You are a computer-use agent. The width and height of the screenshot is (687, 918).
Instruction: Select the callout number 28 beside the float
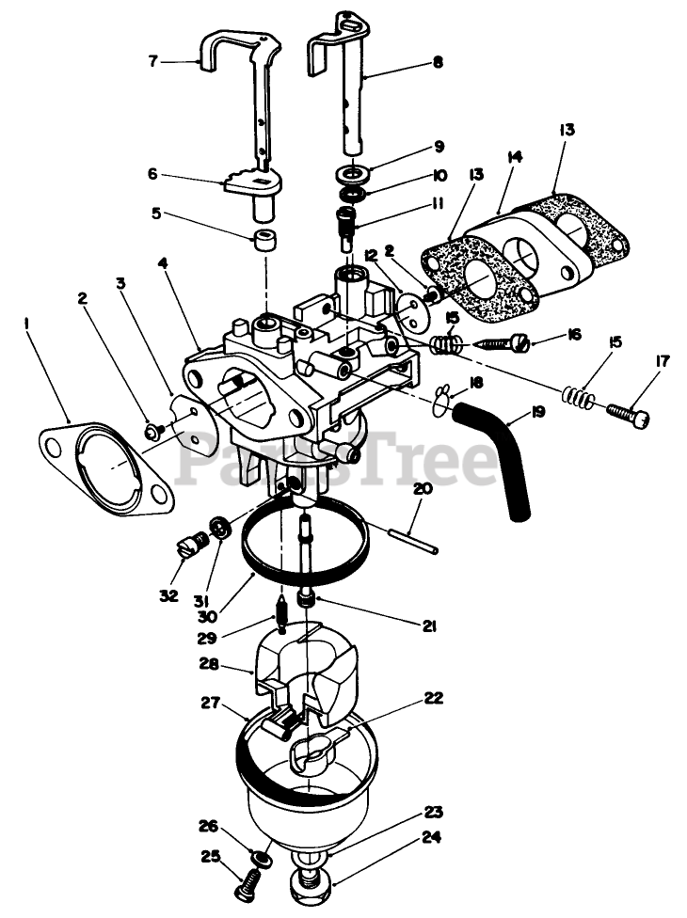point(209,664)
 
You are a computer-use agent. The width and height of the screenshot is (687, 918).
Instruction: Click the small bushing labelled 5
point(265,236)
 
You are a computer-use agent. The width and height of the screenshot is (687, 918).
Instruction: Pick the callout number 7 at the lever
point(152,61)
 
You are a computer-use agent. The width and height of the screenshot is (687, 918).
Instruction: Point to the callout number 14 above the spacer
point(513,159)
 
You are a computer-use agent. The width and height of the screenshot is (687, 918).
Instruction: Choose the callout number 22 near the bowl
point(432,698)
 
